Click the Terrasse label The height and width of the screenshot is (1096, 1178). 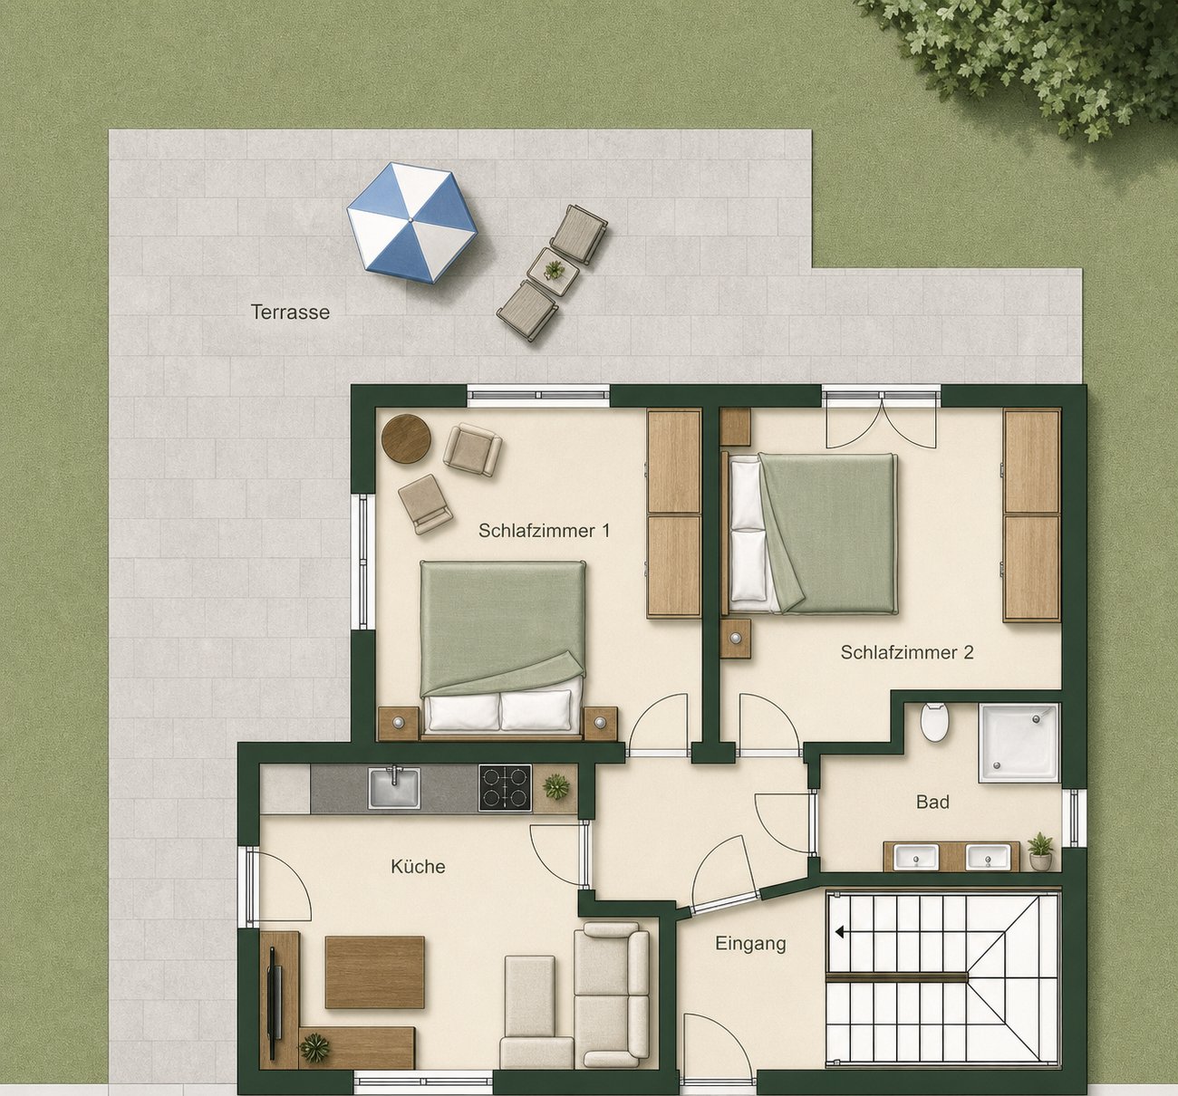click(x=290, y=312)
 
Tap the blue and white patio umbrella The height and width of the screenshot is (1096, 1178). click(x=412, y=223)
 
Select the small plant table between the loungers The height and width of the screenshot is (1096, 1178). click(x=553, y=272)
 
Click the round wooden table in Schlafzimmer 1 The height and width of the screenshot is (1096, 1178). click(x=406, y=438)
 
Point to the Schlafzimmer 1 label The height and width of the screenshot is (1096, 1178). click(x=544, y=531)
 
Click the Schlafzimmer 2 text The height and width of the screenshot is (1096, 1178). click(x=907, y=653)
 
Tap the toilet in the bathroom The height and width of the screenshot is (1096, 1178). click(x=935, y=722)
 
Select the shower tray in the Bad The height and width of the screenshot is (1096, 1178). click(x=1019, y=743)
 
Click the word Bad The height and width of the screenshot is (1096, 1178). click(x=932, y=803)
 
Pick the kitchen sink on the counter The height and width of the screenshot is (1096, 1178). click(x=394, y=788)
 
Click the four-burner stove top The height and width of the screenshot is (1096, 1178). click(x=505, y=788)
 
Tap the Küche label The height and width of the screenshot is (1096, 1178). click(x=418, y=867)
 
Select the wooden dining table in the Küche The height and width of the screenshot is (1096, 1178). click(x=374, y=972)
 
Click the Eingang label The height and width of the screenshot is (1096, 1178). click(x=750, y=943)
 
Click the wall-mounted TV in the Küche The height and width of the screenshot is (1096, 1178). click(x=274, y=1003)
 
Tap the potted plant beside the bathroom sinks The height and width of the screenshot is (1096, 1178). click(x=1039, y=851)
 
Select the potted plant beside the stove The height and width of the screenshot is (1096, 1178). click(x=555, y=786)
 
